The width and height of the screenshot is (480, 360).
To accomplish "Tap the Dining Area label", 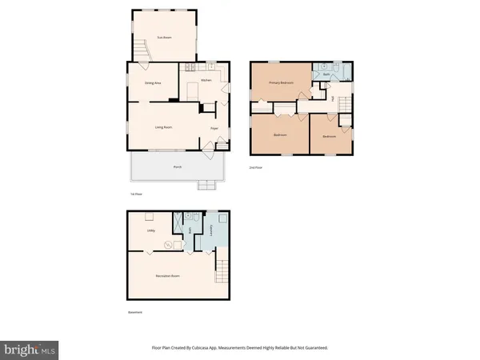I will pos(153,82).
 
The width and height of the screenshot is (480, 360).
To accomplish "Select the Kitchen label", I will pos(206,80).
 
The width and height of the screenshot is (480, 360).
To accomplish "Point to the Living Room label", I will pos(163,127).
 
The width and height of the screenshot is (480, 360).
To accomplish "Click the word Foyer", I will pos(214,127).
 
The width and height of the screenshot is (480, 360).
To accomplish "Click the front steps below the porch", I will pos(206,186).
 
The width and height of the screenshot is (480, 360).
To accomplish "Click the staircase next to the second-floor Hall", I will pos(346,105).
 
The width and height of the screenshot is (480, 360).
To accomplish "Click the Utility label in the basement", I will pos(150,231).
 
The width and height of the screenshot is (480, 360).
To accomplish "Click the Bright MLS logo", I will pos(30,349).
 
